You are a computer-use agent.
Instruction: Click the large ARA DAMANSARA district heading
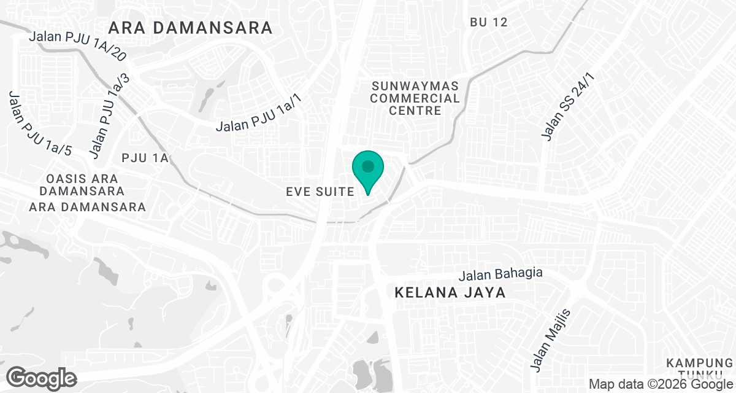coord(190,28)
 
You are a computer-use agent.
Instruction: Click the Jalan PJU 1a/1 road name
coord(259,117)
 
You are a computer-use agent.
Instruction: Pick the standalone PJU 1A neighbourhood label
coord(145,158)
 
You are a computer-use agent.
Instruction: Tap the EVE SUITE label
coord(320,192)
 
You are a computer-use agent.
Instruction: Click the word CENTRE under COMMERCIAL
coord(415,111)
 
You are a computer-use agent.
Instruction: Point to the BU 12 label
coord(489,22)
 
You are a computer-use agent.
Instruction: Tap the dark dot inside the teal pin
coord(367,166)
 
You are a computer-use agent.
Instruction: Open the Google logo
coord(41,378)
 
